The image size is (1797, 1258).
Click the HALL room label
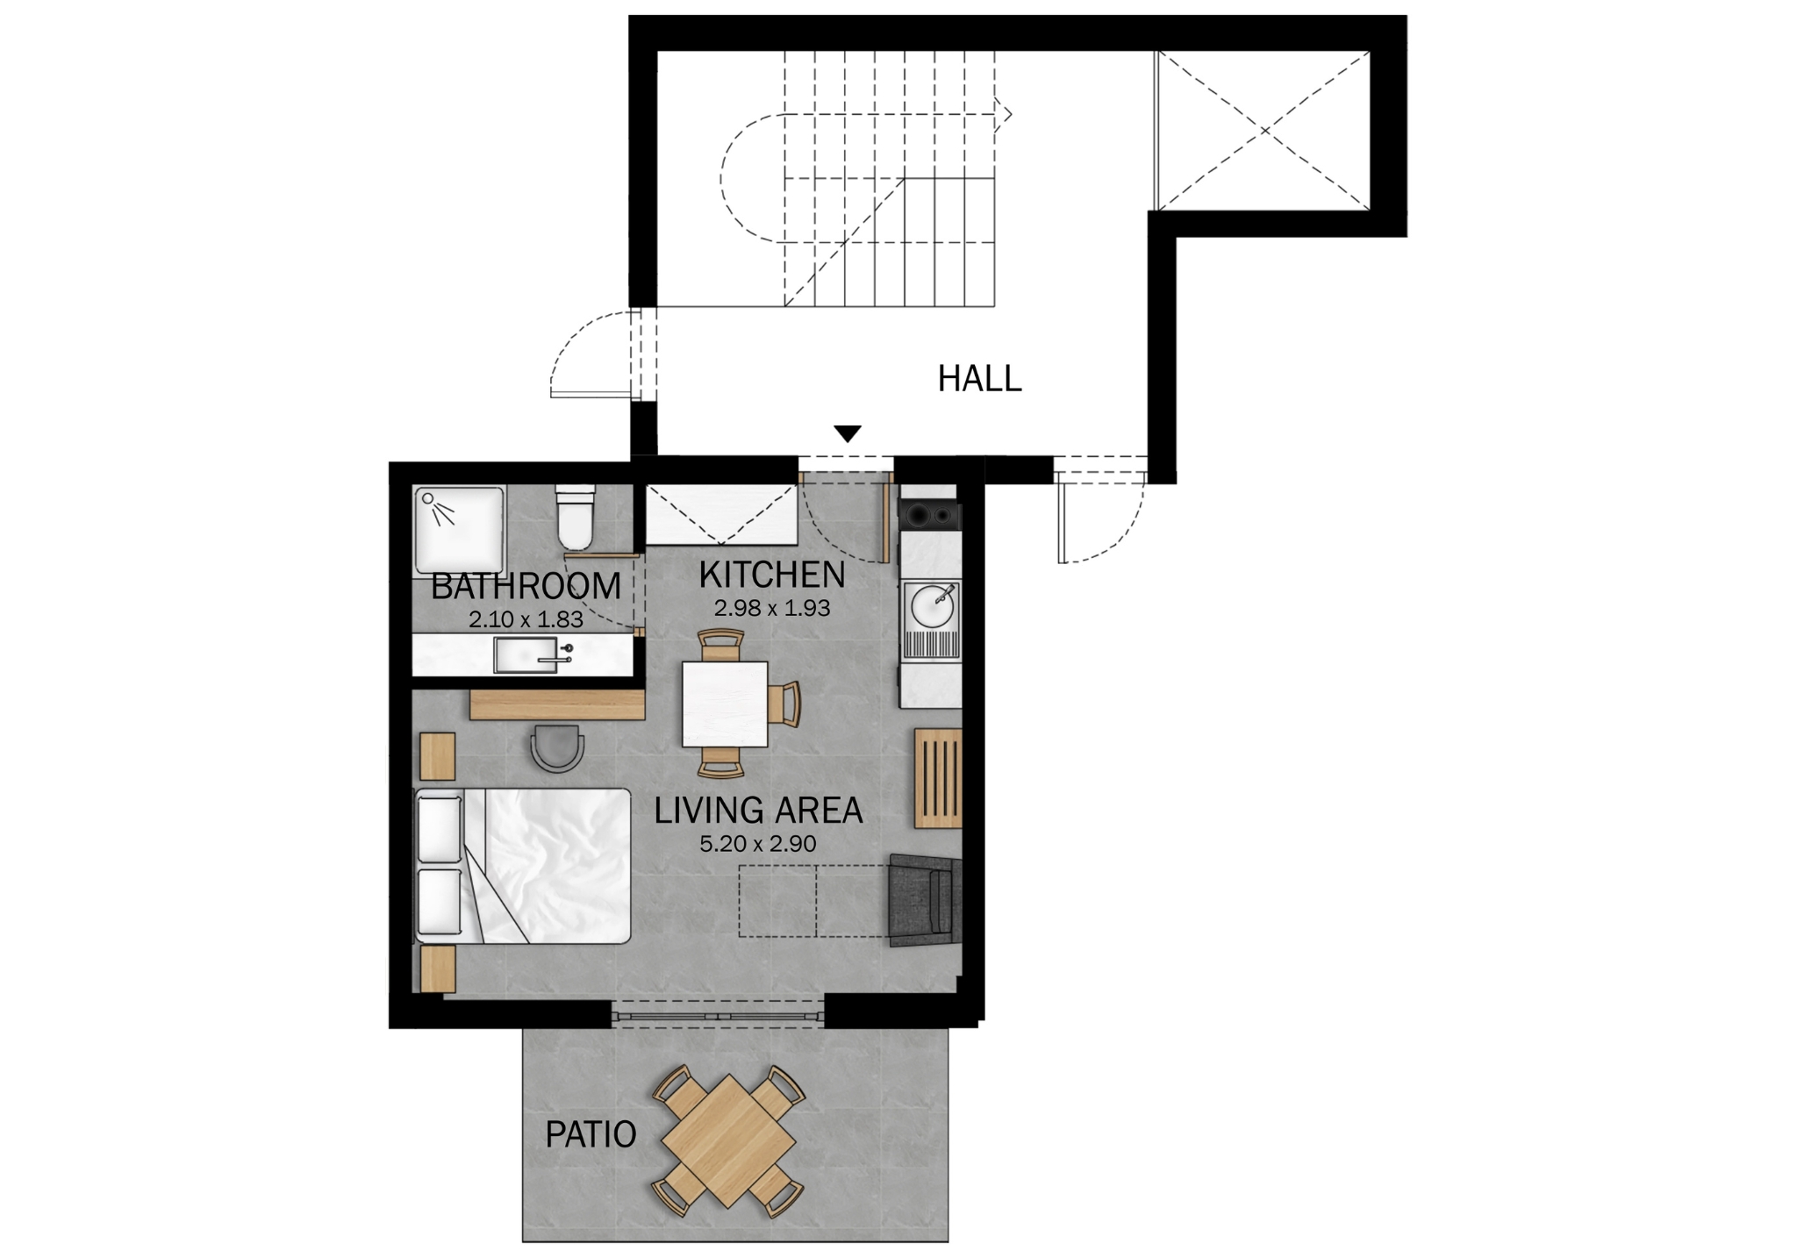click(979, 379)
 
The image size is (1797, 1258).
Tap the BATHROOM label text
click(526, 586)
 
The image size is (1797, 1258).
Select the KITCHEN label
click(772, 575)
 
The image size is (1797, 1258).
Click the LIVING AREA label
click(758, 811)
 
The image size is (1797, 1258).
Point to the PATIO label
click(591, 1135)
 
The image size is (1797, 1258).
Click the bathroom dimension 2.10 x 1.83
click(526, 619)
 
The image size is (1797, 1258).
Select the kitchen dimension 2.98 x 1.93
click(772, 608)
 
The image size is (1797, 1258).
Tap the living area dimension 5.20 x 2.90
click(758, 844)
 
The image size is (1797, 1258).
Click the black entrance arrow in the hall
click(848, 433)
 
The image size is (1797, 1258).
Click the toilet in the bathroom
click(576, 518)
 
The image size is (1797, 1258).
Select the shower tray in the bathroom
click(459, 532)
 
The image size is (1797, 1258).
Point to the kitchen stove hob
click(931, 516)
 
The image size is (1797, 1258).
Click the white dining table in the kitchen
click(725, 704)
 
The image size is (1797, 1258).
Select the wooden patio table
click(728, 1141)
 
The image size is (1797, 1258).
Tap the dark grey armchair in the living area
click(925, 900)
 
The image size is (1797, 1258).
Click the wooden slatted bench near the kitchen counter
click(938, 778)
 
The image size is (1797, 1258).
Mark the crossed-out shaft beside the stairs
click(1264, 131)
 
